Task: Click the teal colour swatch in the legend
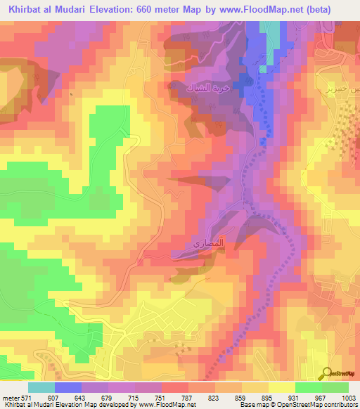click(x=42, y=387)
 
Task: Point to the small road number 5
click(x=71, y=94)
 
